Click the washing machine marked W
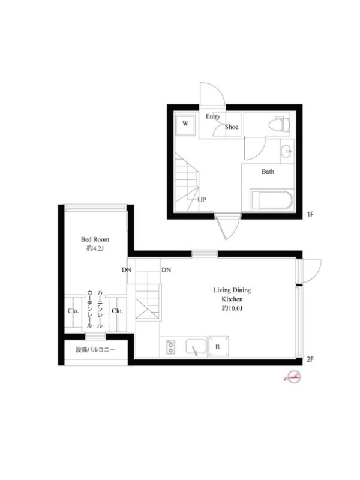[185, 124]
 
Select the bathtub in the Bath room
[272, 200]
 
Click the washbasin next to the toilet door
[287, 151]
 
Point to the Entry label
[213, 116]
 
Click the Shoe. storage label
[232, 127]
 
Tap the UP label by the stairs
[202, 200]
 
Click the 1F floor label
[310, 214]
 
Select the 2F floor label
[310, 359]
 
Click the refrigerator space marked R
[218, 347]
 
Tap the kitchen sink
[196, 347]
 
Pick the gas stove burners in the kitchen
[170, 347]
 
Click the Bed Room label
[95, 239]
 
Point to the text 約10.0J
[232, 308]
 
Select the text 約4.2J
[95, 248]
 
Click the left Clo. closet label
[73, 311]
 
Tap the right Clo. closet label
[117, 311]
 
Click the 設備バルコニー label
[95, 350]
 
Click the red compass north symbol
[293, 377]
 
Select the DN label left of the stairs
[127, 269]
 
